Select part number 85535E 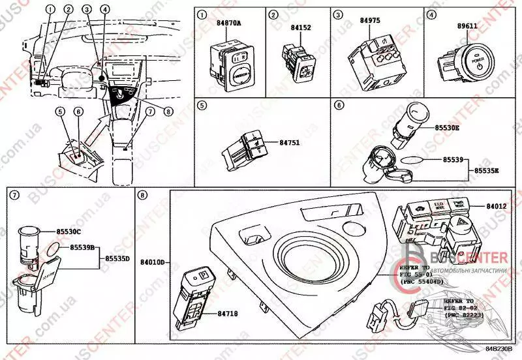pyautogui.click(x=487, y=170)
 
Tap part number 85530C pyautogui.click(x=67, y=232)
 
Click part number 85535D pyautogui.click(x=119, y=258)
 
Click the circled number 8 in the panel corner pyautogui.click(x=142, y=195)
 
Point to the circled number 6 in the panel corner pyautogui.click(x=338, y=105)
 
